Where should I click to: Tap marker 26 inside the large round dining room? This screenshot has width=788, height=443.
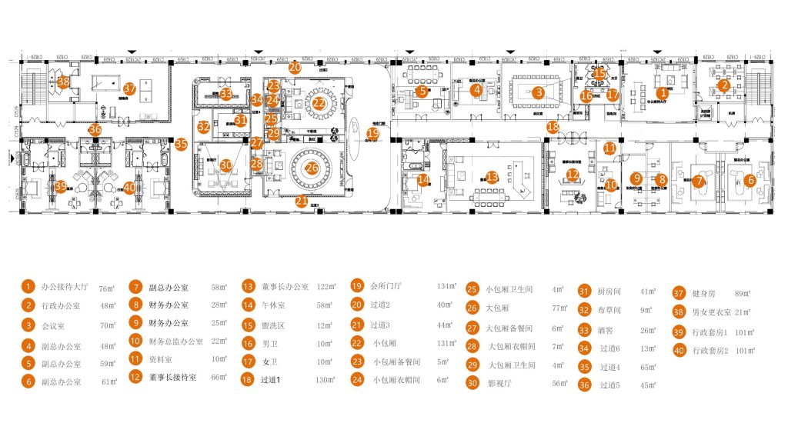click(312, 167)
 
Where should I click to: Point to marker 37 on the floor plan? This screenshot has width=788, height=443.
click(129, 88)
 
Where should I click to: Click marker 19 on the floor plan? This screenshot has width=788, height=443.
click(373, 134)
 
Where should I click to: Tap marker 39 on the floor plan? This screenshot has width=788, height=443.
click(61, 185)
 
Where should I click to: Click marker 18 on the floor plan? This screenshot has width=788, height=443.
click(553, 127)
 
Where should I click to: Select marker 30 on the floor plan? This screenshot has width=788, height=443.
click(225, 165)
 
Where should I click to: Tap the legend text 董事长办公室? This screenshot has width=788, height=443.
click(285, 287)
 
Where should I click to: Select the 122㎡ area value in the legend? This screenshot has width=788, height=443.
click(326, 287)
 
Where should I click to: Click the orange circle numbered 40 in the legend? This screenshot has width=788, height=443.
click(679, 351)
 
